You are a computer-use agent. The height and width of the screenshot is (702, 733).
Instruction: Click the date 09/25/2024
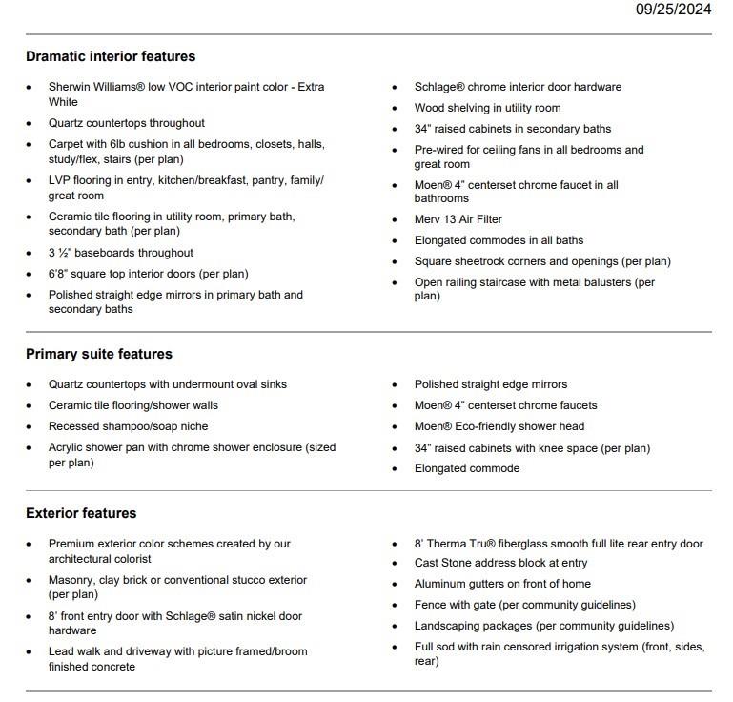pyautogui.click(x=673, y=10)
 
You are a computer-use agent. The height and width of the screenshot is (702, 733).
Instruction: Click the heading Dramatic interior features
pyautogui.click(x=111, y=56)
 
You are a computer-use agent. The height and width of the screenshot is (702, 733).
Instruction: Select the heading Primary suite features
pyautogui.click(x=99, y=354)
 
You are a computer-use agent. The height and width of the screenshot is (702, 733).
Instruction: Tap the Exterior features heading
pyautogui.click(x=81, y=513)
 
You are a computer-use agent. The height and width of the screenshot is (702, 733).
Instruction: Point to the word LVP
pyautogui.click(x=60, y=180)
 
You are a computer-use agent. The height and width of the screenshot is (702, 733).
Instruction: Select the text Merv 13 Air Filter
pyautogui.click(x=458, y=219)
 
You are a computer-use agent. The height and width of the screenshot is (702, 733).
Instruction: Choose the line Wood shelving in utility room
pyautogui.click(x=487, y=108)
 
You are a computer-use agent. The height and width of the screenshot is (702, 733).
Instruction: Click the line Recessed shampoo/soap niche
pyautogui.click(x=128, y=426)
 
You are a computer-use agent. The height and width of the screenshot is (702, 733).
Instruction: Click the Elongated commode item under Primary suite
pyautogui.click(x=466, y=468)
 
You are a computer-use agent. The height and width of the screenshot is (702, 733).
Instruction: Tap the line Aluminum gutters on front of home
pyautogui.click(x=502, y=584)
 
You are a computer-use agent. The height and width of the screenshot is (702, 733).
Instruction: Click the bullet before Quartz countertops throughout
pyautogui.click(x=29, y=124)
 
